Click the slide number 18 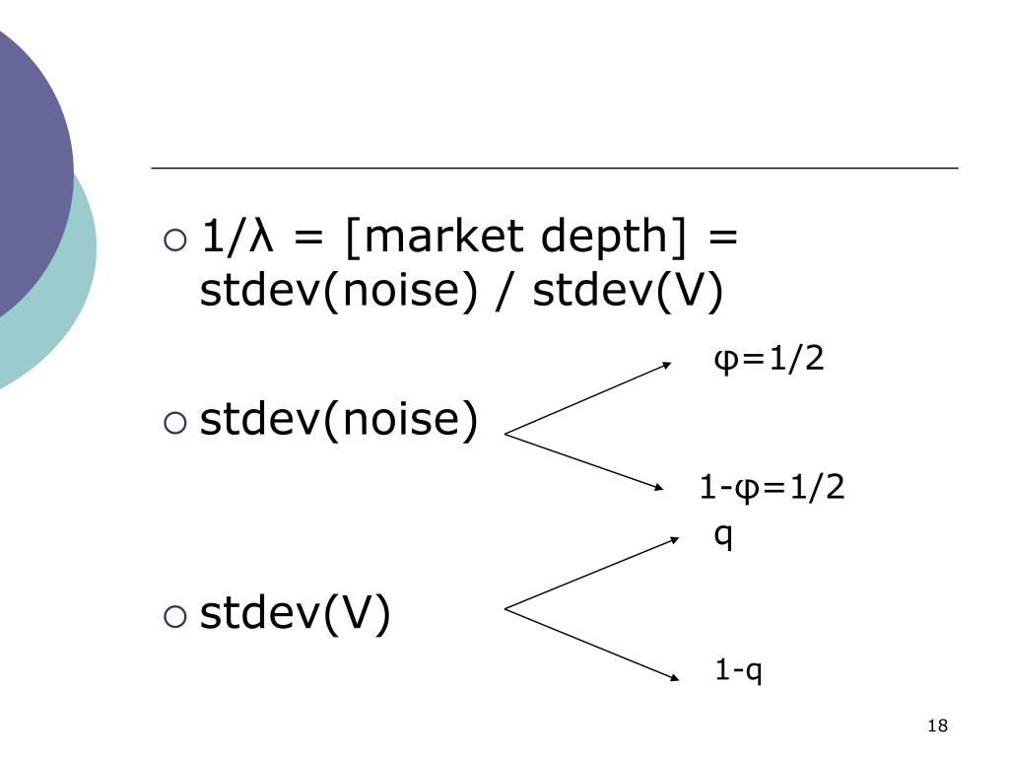tap(937, 726)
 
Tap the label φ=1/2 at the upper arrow tap(768, 360)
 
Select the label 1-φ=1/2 tap(772, 487)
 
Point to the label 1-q tap(739, 671)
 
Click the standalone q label tap(723, 536)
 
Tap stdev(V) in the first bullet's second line tap(628, 291)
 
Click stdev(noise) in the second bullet tap(339, 421)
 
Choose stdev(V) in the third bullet tap(296, 613)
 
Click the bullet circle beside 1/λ tap(173, 240)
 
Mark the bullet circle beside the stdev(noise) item tap(173, 423)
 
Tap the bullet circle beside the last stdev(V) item tap(173, 615)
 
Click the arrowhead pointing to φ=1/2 tap(669, 363)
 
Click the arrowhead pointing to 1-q tap(675, 677)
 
